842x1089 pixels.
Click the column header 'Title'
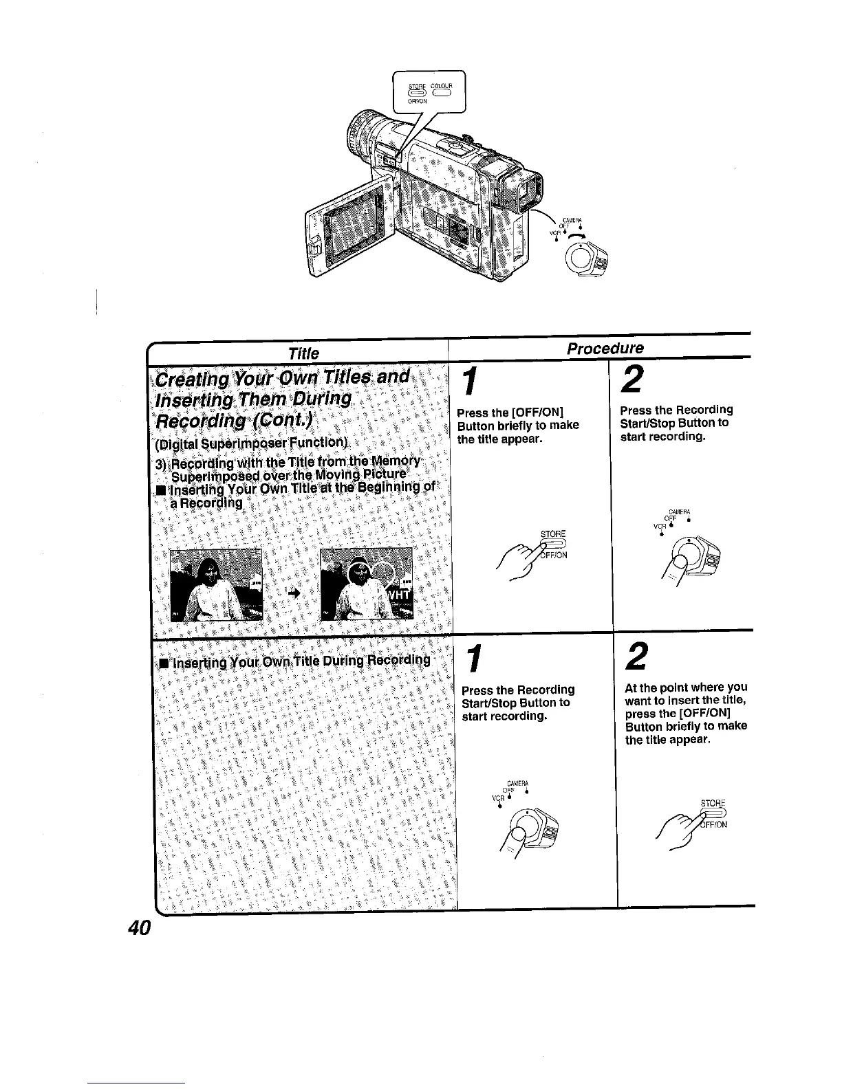[x=303, y=353]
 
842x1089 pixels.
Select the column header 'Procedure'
[x=605, y=349]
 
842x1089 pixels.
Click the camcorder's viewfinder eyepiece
[x=522, y=188]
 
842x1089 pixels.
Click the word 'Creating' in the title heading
[x=195, y=379]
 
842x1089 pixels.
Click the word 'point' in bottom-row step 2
[x=674, y=687]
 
